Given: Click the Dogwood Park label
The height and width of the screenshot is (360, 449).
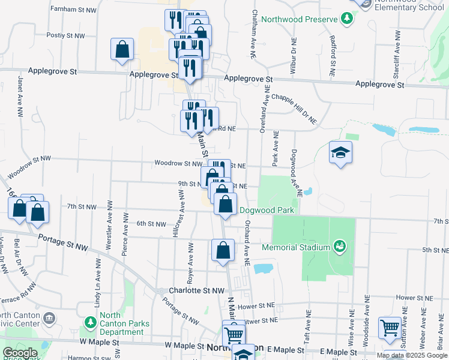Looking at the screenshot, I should coord(267,210).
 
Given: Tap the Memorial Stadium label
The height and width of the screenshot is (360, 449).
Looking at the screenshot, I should coord(296,247).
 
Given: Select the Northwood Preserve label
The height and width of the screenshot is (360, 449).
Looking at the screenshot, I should coord(300,19).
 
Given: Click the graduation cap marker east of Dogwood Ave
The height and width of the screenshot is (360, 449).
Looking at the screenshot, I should coord(340,152).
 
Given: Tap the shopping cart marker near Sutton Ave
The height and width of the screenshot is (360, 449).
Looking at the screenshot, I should coord(390,328).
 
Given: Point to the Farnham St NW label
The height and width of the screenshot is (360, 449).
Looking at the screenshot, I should coord(74,10).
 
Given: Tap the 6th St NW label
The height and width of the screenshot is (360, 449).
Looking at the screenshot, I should coord(151,224).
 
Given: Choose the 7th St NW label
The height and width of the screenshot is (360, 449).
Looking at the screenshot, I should coord(82,206).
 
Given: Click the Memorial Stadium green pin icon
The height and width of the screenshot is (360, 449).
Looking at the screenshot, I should coord(340,247).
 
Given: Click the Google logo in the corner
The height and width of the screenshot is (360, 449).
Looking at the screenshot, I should coord(20,353).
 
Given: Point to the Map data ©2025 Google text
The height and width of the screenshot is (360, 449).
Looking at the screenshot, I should coord(411,355).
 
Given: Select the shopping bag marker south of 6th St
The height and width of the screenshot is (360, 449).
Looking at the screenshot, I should coord(223,251).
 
